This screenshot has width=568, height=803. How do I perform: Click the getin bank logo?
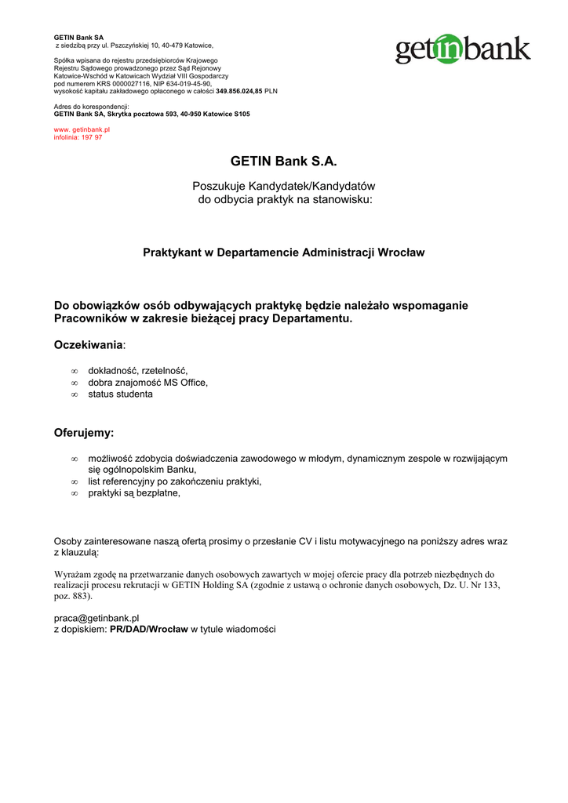[x=463, y=49]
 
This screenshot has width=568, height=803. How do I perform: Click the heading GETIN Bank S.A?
[x=283, y=162]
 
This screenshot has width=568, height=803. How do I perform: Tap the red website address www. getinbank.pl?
[x=82, y=129]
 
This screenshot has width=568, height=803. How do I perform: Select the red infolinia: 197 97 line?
[x=78, y=137]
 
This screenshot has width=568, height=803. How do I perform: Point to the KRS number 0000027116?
[x=117, y=83]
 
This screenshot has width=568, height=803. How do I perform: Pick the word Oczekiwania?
[x=89, y=345]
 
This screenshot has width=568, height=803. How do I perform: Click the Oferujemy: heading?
[x=84, y=433]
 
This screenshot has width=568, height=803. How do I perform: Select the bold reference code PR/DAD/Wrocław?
[x=149, y=629]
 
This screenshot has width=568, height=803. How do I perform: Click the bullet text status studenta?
[x=120, y=394]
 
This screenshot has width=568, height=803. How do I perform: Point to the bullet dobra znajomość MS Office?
[x=147, y=383]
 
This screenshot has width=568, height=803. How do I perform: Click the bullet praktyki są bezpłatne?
[x=134, y=493]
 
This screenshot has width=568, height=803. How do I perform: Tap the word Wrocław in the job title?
[x=401, y=253]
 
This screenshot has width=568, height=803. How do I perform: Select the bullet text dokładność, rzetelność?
[x=138, y=370]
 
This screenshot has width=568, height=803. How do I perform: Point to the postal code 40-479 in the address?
[x=176, y=45]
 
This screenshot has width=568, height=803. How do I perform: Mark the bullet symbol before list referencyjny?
[x=75, y=481]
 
